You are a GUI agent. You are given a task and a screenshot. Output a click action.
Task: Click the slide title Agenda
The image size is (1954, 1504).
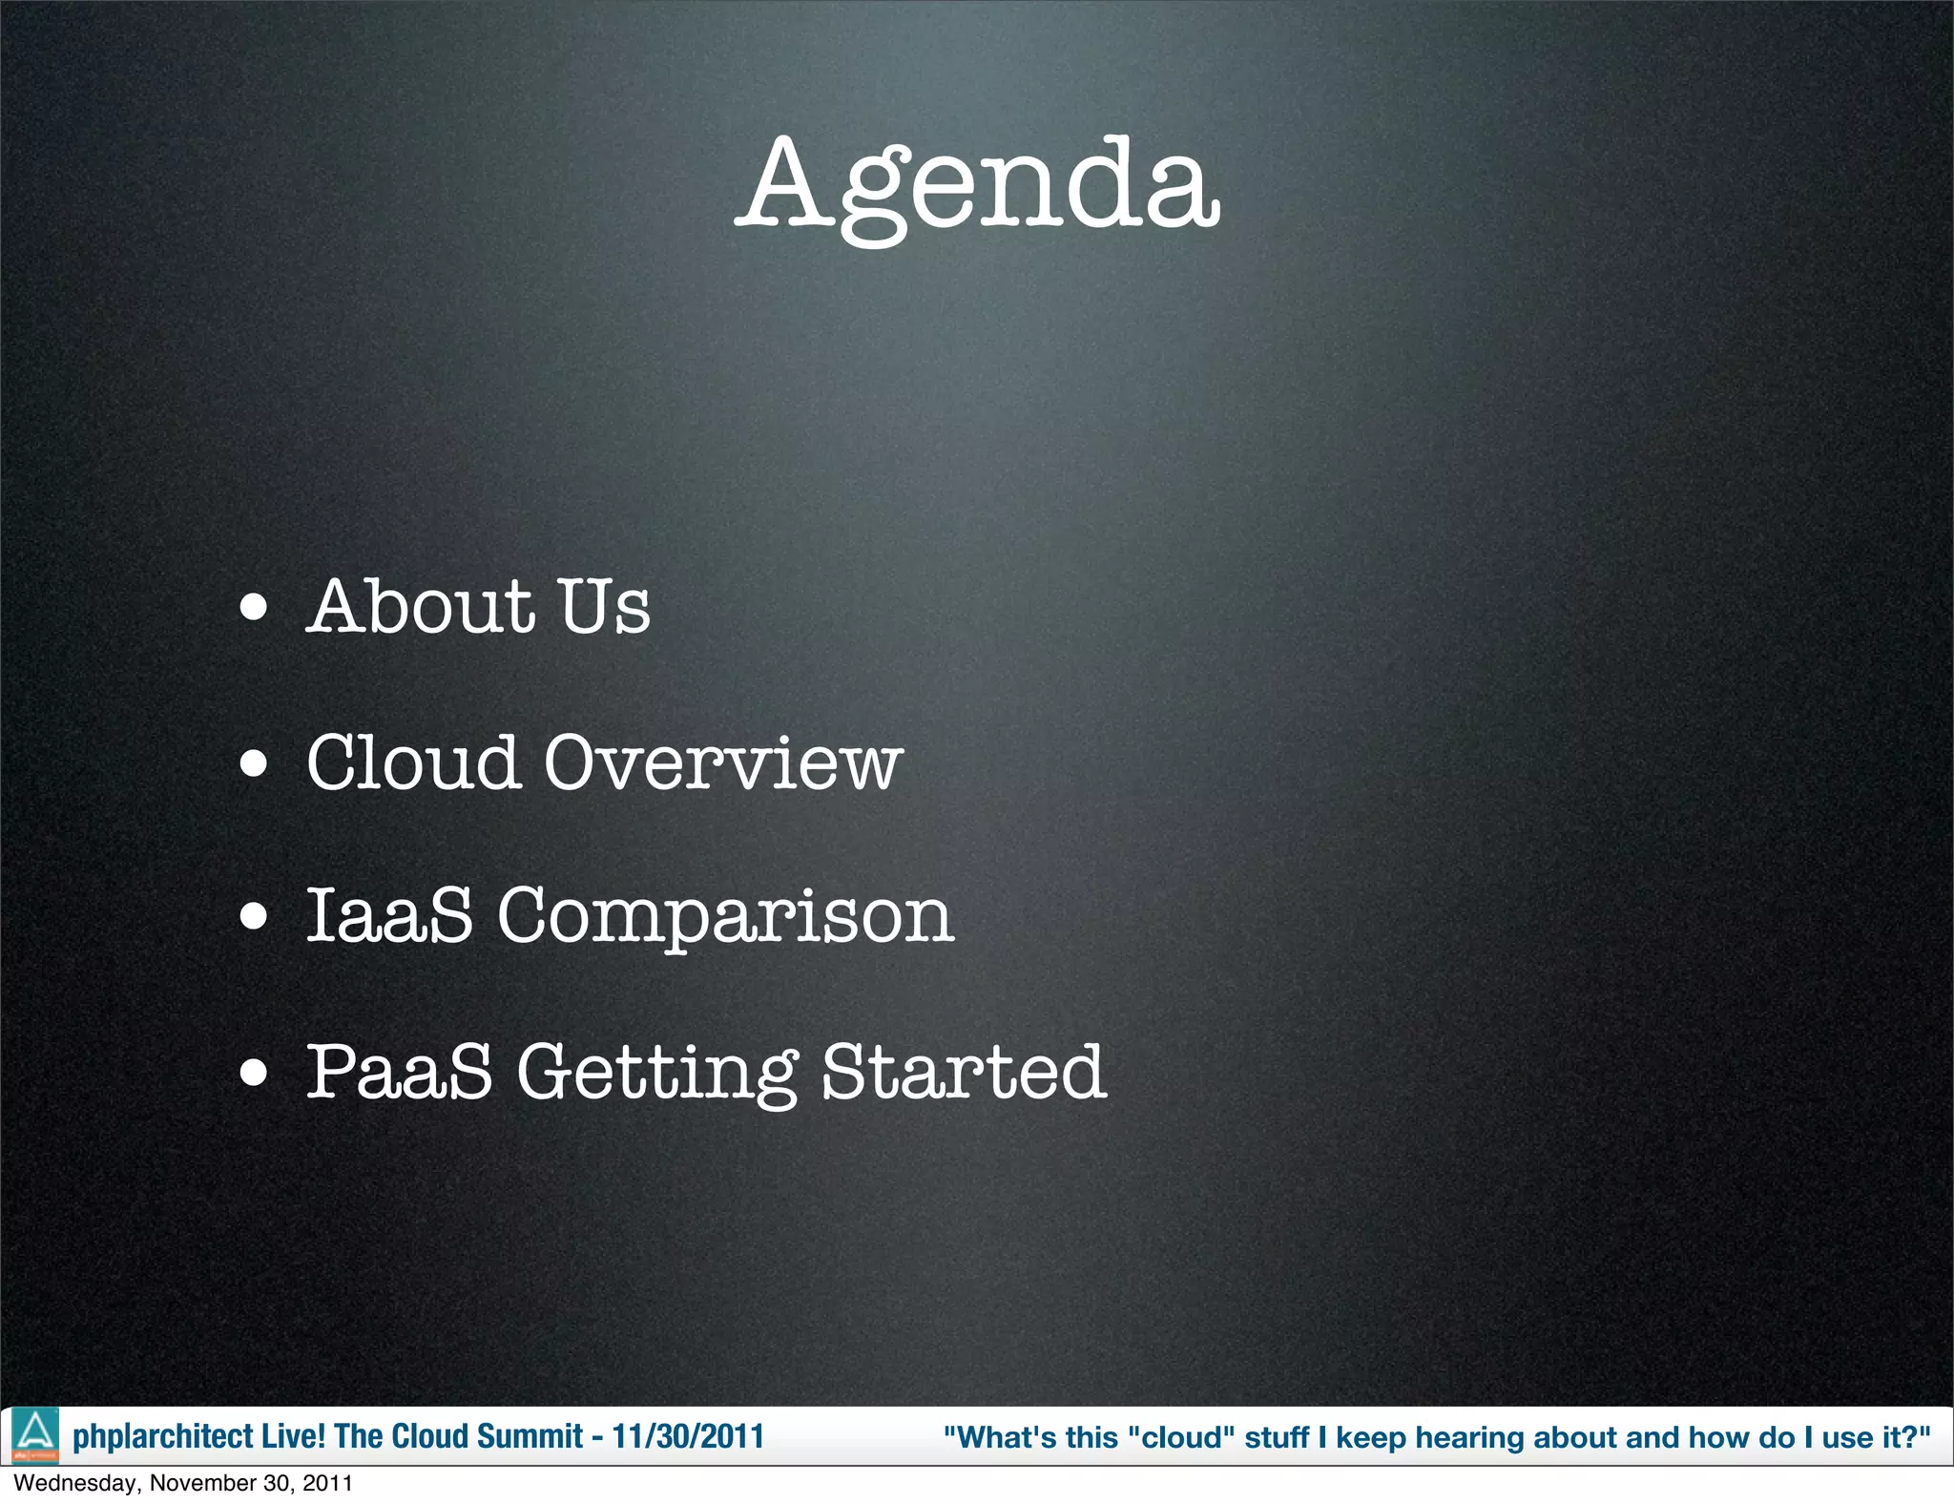[x=978, y=185]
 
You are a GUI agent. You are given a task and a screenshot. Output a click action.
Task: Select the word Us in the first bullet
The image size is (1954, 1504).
[x=604, y=607]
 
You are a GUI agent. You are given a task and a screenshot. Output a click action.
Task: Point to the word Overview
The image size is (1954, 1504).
[x=722, y=763]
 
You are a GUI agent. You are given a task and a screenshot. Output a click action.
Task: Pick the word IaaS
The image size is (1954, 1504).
[x=389, y=915]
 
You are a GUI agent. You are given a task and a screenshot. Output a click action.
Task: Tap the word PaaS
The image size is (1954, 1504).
[x=399, y=1071]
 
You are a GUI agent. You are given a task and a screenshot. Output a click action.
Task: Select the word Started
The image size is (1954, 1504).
[x=964, y=1072]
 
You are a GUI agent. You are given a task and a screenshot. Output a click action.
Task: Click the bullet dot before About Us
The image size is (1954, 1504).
[x=254, y=609]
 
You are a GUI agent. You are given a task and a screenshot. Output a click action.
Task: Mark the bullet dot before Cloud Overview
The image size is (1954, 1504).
[x=254, y=764]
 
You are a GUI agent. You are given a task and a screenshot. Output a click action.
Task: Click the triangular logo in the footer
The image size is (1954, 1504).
[x=35, y=1434]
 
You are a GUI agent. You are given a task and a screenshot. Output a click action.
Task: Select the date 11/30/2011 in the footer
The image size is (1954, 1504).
[x=688, y=1436]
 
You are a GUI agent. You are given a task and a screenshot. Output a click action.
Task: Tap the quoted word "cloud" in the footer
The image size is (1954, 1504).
[x=1182, y=1436]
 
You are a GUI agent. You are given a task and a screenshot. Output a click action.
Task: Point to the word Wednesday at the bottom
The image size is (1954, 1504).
[x=75, y=1483]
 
